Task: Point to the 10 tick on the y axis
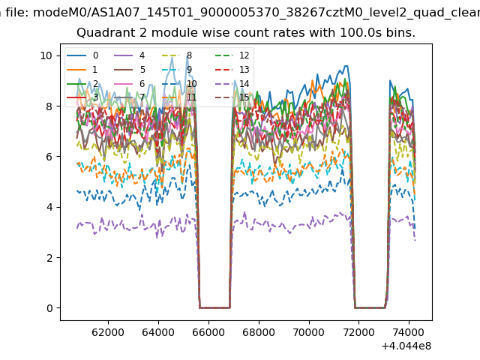tap(46, 55)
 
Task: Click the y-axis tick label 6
tap(49, 157)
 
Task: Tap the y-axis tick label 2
tap(49, 258)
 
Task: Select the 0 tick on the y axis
tap(49, 308)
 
